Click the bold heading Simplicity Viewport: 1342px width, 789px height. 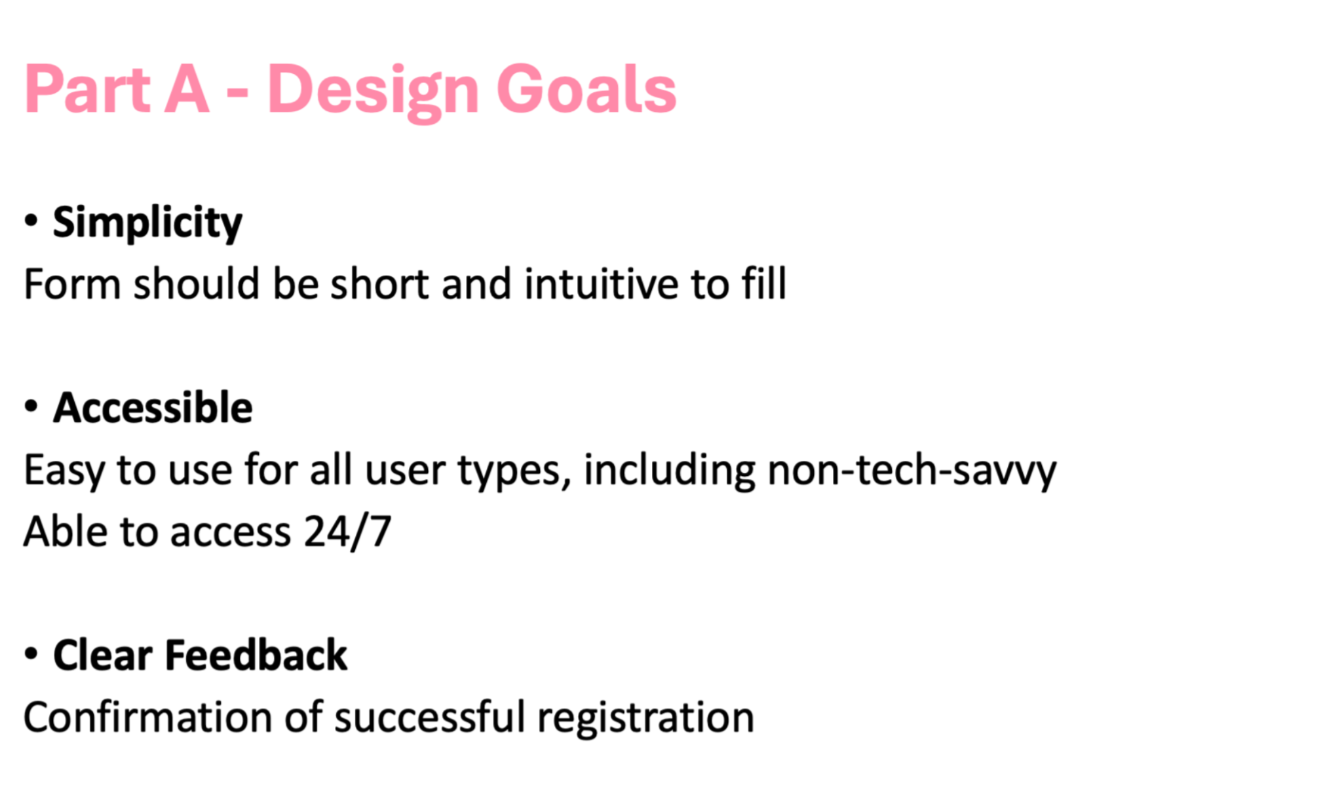pos(147,223)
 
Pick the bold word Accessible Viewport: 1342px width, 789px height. pos(153,407)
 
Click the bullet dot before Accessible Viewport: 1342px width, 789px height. pos(31,407)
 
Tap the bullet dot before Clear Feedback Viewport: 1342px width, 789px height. pos(31,653)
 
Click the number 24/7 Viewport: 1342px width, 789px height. pos(348,531)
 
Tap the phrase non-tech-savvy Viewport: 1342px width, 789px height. pos(911,470)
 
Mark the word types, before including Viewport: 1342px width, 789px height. pos(514,471)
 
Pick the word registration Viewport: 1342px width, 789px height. pos(645,718)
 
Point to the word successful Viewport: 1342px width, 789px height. pos(430,717)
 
